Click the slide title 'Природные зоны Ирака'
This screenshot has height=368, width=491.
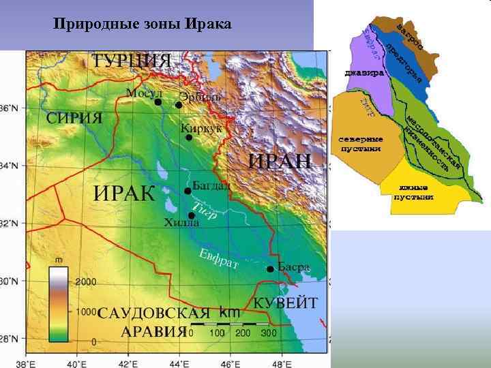(x=143, y=25)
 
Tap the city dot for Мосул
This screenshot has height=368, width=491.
(x=158, y=102)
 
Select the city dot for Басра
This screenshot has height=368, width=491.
(x=271, y=269)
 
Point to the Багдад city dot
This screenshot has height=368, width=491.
(x=188, y=191)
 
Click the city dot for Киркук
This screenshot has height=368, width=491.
(x=189, y=138)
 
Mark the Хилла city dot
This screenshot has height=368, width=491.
(x=192, y=216)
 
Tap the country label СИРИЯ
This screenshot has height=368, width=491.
(x=74, y=117)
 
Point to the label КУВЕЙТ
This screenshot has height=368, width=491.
(x=286, y=302)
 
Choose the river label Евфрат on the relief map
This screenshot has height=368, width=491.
(x=218, y=260)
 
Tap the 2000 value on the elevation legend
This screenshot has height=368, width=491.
(x=85, y=281)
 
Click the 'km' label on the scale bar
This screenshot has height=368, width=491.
(x=230, y=312)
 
